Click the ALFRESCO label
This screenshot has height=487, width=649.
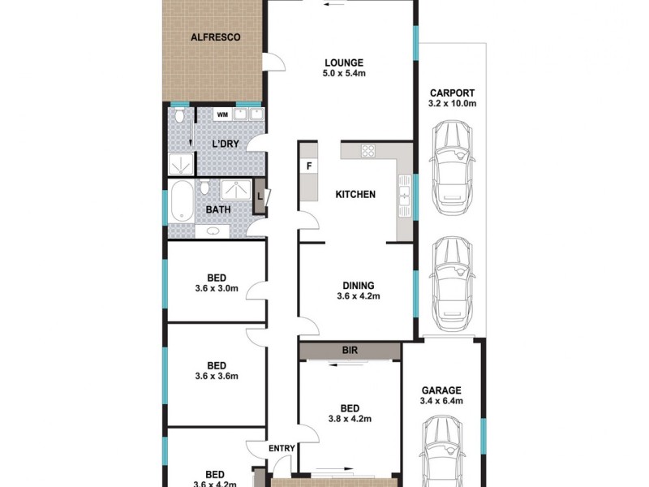point(214,37)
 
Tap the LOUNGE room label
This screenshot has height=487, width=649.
point(344,62)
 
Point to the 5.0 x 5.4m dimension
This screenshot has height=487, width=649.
point(344,75)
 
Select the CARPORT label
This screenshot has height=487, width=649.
point(452,93)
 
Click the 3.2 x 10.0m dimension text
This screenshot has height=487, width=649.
point(452,104)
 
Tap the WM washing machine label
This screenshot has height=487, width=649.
point(222,114)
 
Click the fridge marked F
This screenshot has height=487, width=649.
point(308,167)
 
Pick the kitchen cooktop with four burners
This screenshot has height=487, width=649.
point(367,150)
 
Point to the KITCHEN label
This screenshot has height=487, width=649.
point(356,195)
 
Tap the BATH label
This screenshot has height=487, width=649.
point(217,209)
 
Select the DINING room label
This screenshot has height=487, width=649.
point(358,285)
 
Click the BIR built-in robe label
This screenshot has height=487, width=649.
point(350,351)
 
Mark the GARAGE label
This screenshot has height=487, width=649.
point(441,390)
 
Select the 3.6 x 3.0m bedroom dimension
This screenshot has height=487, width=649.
point(216,288)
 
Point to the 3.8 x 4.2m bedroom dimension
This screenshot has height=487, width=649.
point(350,420)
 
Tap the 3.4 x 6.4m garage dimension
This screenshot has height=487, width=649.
point(441,401)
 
